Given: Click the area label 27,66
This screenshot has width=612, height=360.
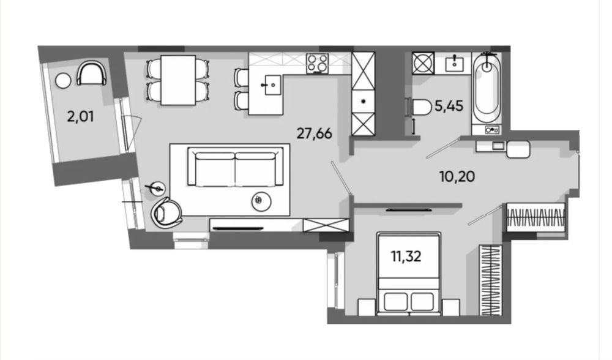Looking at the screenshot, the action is click(314, 133).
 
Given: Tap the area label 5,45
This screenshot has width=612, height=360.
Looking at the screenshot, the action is click(449, 105).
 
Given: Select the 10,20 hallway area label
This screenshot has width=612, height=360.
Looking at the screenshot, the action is click(457, 176).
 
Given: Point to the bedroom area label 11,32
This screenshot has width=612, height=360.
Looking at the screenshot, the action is click(406, 256).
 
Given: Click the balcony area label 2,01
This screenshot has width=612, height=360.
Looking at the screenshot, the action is click(80, 116).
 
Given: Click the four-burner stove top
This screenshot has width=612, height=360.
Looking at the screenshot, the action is click(317, 63).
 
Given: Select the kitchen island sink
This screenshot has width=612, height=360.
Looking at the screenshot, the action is click(272, 84).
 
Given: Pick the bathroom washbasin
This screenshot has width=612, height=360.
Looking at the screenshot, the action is click(454, 63).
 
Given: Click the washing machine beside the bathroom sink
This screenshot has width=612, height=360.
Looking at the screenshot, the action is click(423, 63).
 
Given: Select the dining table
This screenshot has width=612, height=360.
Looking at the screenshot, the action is click(178, 80).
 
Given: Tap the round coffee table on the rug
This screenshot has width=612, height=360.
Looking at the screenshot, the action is click(261, 201).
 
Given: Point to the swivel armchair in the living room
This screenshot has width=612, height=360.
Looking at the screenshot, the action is click(166, 213).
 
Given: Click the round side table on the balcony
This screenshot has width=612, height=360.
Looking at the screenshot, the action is click(63, 80).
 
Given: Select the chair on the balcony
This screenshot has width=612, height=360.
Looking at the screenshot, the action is click(92, 73).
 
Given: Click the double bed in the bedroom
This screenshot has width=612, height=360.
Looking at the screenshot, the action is click(409, 274).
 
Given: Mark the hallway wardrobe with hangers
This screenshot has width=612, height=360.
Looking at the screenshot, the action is click(535, 217).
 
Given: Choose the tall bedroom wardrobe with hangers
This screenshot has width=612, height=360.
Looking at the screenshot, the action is click(490, 280).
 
